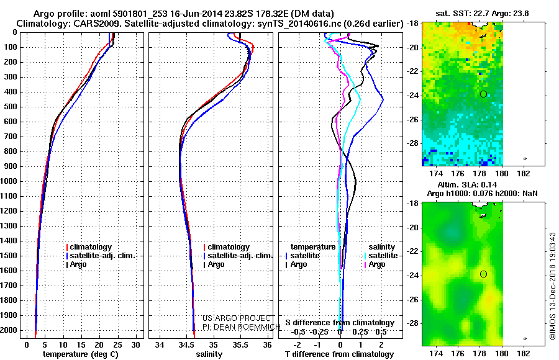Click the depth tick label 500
11,107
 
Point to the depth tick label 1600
9,271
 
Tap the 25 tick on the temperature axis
117,345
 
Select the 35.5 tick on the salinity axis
240,345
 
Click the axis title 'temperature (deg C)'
81,354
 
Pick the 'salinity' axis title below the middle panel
209,354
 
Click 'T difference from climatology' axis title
339,354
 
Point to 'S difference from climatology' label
340,323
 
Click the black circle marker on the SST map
483,94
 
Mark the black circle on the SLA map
483,274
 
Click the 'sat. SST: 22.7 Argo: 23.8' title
483,14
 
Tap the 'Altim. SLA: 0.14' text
467,184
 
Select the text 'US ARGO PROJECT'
237,318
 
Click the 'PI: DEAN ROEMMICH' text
242,327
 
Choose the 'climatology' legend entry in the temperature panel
89,247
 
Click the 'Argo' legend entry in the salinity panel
214,264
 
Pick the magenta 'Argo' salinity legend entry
375,264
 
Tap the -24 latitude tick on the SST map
413,96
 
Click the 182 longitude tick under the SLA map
524,354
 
